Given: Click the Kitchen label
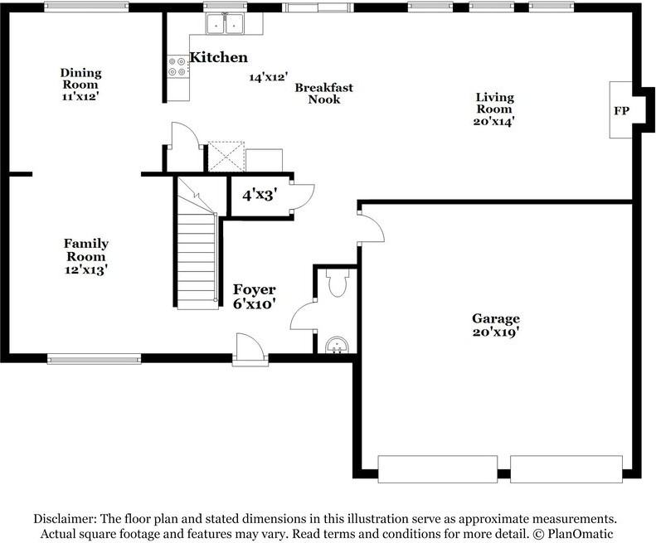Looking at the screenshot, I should (x=218, y=58).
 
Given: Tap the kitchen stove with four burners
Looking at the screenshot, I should (x=177, y=66).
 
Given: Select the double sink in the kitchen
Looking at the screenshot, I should (x=225, y=24).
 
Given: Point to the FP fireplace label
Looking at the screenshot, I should (x=620, y=110).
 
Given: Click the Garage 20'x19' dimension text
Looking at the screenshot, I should (x=496, y=333).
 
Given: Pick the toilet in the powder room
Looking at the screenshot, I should (x=337, y=283).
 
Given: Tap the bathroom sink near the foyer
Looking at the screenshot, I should (x=337, y=344).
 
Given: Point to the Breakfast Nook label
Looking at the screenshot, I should (x=323, y=93).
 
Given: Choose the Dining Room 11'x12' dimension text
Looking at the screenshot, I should (x=80, y=96).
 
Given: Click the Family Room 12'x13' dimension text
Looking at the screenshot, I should (x=86, y=269).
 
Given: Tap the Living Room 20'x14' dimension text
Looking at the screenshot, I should (x=493, y=120).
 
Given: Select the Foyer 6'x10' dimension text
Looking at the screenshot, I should (x=254, y=303).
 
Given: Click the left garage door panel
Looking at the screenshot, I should (x=437, y=468).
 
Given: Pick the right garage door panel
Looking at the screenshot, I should (x=566, y=468).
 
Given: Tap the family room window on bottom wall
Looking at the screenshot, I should (x=93, y=359).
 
